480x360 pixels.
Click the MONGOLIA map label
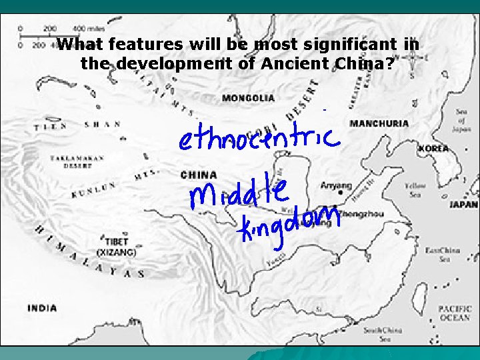(247, 98)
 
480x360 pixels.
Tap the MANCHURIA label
(379, 123)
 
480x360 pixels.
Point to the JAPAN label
(463, 205)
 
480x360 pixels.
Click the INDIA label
(42, 308)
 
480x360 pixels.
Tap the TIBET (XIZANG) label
(117, 248)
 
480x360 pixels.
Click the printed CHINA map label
(198, 175)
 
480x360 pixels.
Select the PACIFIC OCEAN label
(454, 313)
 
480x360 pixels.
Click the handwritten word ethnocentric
(259, 137)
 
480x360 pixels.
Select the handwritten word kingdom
(291, 225)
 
